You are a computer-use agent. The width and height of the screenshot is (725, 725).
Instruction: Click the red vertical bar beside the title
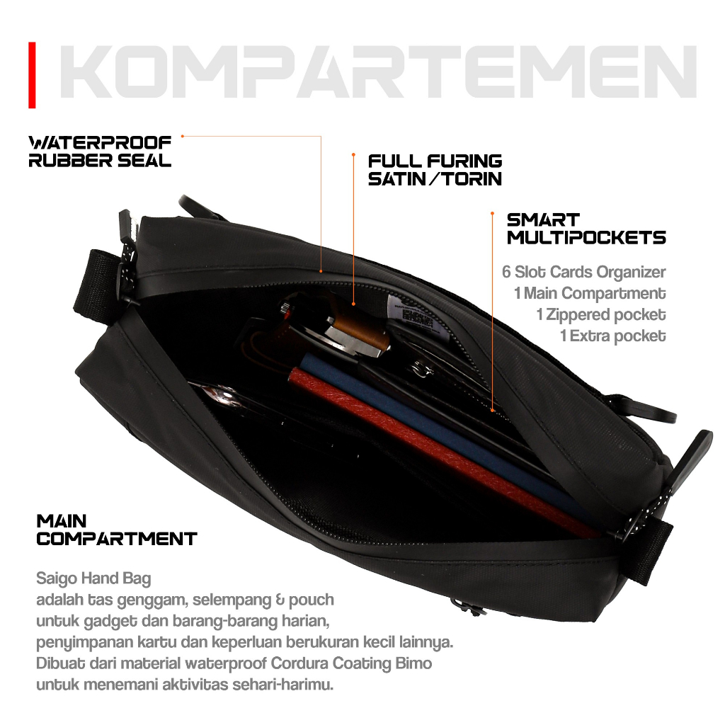[x=32, y=75]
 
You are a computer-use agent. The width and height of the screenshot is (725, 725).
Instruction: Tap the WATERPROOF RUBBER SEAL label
[x=100, y=152]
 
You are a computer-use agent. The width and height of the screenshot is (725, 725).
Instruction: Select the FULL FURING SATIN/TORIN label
[x=435, y=170]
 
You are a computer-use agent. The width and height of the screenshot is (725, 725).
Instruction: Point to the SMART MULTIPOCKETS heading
[x=586, y=229]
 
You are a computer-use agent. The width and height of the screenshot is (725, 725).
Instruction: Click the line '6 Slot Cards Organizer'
[x=584, y=272]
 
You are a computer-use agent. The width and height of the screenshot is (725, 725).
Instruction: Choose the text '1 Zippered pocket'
[x=601, y=314]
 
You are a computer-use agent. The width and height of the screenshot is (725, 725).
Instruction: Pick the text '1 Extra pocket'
[x=613, y=336]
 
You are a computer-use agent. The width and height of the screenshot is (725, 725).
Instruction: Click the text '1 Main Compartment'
[x=590, y=293]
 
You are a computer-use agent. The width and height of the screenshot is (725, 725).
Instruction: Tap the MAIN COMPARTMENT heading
[x=117, y=530]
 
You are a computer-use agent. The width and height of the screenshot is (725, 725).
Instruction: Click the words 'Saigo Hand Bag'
[x=94, y=578]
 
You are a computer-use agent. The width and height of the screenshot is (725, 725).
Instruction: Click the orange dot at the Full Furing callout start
[x=353, y=154]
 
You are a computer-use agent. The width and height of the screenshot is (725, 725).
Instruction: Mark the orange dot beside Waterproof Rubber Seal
[x=183, y=136]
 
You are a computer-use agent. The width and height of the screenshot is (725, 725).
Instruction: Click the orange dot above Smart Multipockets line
[x=493, y=213]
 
